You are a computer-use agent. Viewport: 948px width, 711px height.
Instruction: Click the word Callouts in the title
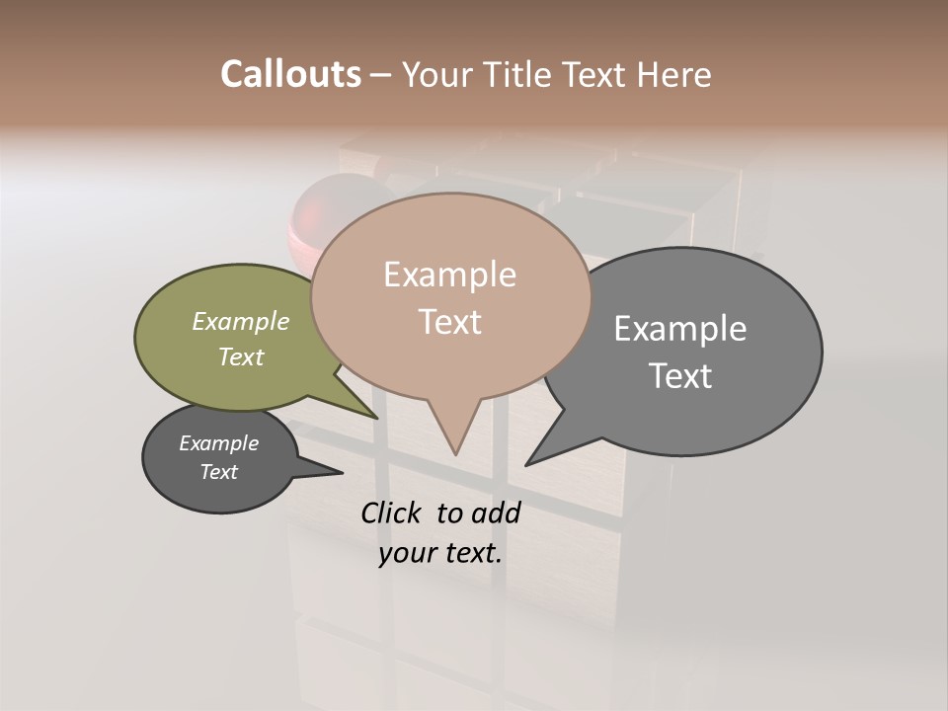tap(290, 74)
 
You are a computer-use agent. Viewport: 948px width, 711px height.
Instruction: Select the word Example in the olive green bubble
tap(241, 321)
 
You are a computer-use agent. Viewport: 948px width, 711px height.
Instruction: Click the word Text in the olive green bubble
tap(241, 356)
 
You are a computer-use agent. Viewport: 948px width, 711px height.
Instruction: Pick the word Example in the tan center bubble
tap(449, 275)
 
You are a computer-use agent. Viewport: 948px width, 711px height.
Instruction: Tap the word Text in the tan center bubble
tap(449, 322)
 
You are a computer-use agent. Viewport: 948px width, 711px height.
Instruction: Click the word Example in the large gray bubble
tap(680, 329)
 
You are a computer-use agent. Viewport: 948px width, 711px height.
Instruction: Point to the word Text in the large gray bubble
tap(680, 375)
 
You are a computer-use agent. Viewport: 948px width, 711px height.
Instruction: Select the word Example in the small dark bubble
tap(218, 443)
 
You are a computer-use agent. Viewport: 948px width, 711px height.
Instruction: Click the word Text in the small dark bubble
tap(218, 472)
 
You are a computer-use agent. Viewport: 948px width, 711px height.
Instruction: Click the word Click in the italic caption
tap(393, 513)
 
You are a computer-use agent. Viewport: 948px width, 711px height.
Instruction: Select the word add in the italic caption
tap(496, 513)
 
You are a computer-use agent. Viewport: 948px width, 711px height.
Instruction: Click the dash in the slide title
tap(381, 75)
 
